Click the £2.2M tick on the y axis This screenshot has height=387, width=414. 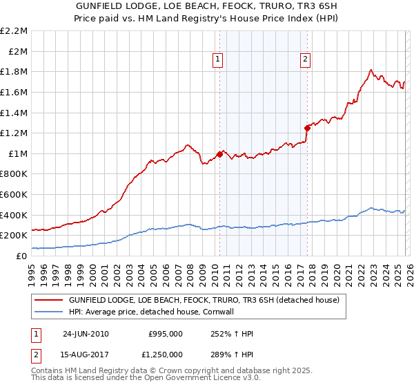coord(14,31)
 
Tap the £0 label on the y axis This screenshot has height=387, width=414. coord(21,256)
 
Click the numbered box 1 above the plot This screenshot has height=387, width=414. coord(217,60)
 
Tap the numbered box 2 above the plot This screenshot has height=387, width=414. coord(305,60)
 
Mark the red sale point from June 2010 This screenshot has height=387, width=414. coord(220,154)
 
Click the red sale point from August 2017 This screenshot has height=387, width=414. coord(307,127)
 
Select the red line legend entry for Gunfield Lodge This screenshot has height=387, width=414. coord(204,301)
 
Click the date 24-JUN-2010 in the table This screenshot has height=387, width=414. coord(86,334)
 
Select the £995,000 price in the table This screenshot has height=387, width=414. coord(166,334)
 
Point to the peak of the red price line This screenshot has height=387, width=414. coord(371,69)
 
